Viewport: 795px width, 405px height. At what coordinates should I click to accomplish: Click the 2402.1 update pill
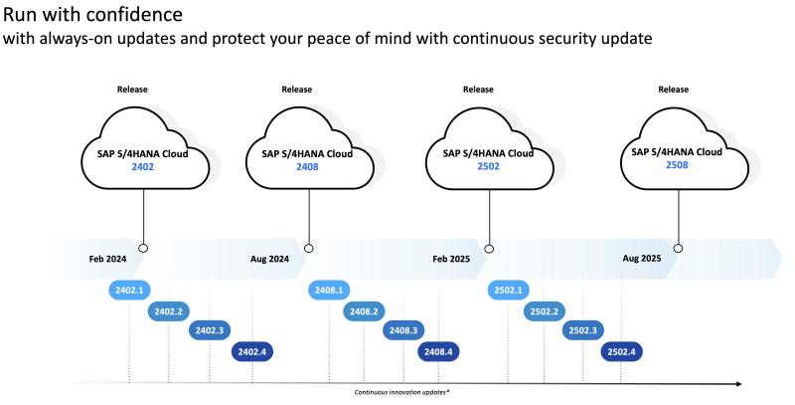pos(129,290)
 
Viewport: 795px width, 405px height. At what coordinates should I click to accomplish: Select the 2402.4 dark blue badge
pos(252,350)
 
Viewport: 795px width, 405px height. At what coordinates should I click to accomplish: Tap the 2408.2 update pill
pos(363,310)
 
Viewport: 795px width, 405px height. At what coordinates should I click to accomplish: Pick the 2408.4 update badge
pos(438,350)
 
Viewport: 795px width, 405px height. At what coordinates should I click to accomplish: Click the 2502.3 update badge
pos(582,330)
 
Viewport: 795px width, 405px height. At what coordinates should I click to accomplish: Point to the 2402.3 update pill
pos(210,330)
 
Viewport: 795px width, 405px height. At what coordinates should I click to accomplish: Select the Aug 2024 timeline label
pos(269,259)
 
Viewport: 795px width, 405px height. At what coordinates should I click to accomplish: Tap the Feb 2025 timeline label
pos(452,259)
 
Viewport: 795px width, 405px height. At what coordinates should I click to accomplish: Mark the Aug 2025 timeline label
pos(642,259)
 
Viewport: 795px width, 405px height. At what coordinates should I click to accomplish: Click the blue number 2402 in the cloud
pos(143,168)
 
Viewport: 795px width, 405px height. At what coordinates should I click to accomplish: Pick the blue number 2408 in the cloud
pos(308,168)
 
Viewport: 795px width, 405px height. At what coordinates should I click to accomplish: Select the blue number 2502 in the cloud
pos(487,167)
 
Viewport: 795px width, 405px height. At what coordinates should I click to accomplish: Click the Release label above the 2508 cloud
pos(674,90)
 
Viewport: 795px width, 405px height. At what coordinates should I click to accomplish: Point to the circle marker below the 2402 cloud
pos(144,248)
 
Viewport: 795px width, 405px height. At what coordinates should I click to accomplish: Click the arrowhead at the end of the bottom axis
pos(737,383)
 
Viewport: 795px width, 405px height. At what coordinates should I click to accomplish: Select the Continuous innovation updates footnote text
pos(402,393)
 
